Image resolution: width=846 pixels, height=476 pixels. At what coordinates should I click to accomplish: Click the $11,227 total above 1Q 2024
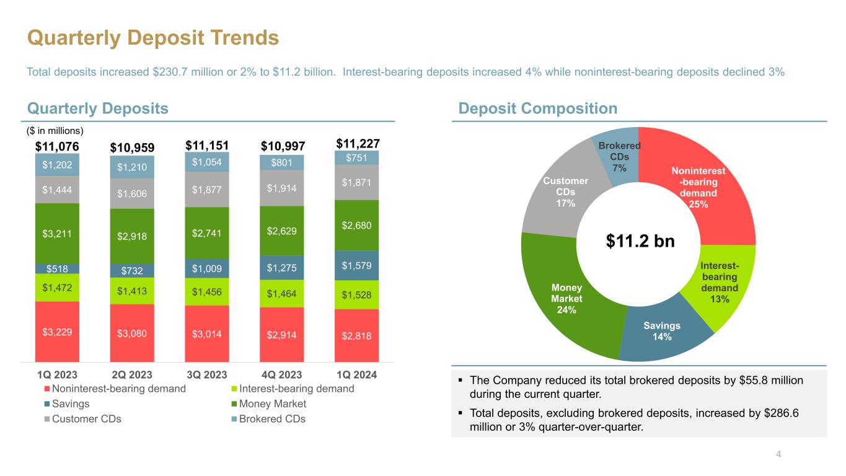click(x=357, y=144)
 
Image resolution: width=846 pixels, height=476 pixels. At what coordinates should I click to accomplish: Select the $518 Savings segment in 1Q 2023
click(x=57, y=268)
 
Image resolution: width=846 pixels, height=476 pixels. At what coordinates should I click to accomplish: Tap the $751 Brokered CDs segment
click(x=356, y=157)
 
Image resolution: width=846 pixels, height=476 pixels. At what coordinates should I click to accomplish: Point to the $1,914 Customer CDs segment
click(x=282, y=188)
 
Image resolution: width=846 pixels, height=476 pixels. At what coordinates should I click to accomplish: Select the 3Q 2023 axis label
click(x=207, y=374)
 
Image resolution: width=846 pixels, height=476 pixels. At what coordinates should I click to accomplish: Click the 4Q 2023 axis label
click(x=282, y=374)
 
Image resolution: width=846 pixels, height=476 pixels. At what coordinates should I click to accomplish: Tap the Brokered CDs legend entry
click(x=273, y=419)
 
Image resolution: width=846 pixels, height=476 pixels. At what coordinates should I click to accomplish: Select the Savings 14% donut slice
click(x=661, y=331)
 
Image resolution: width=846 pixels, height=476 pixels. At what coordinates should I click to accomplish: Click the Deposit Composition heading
click(x=537, y=108)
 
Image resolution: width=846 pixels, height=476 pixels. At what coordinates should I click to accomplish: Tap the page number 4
click(x=778, y=454)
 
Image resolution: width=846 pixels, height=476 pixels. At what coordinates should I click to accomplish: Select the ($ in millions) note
click(x=55, y=131)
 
